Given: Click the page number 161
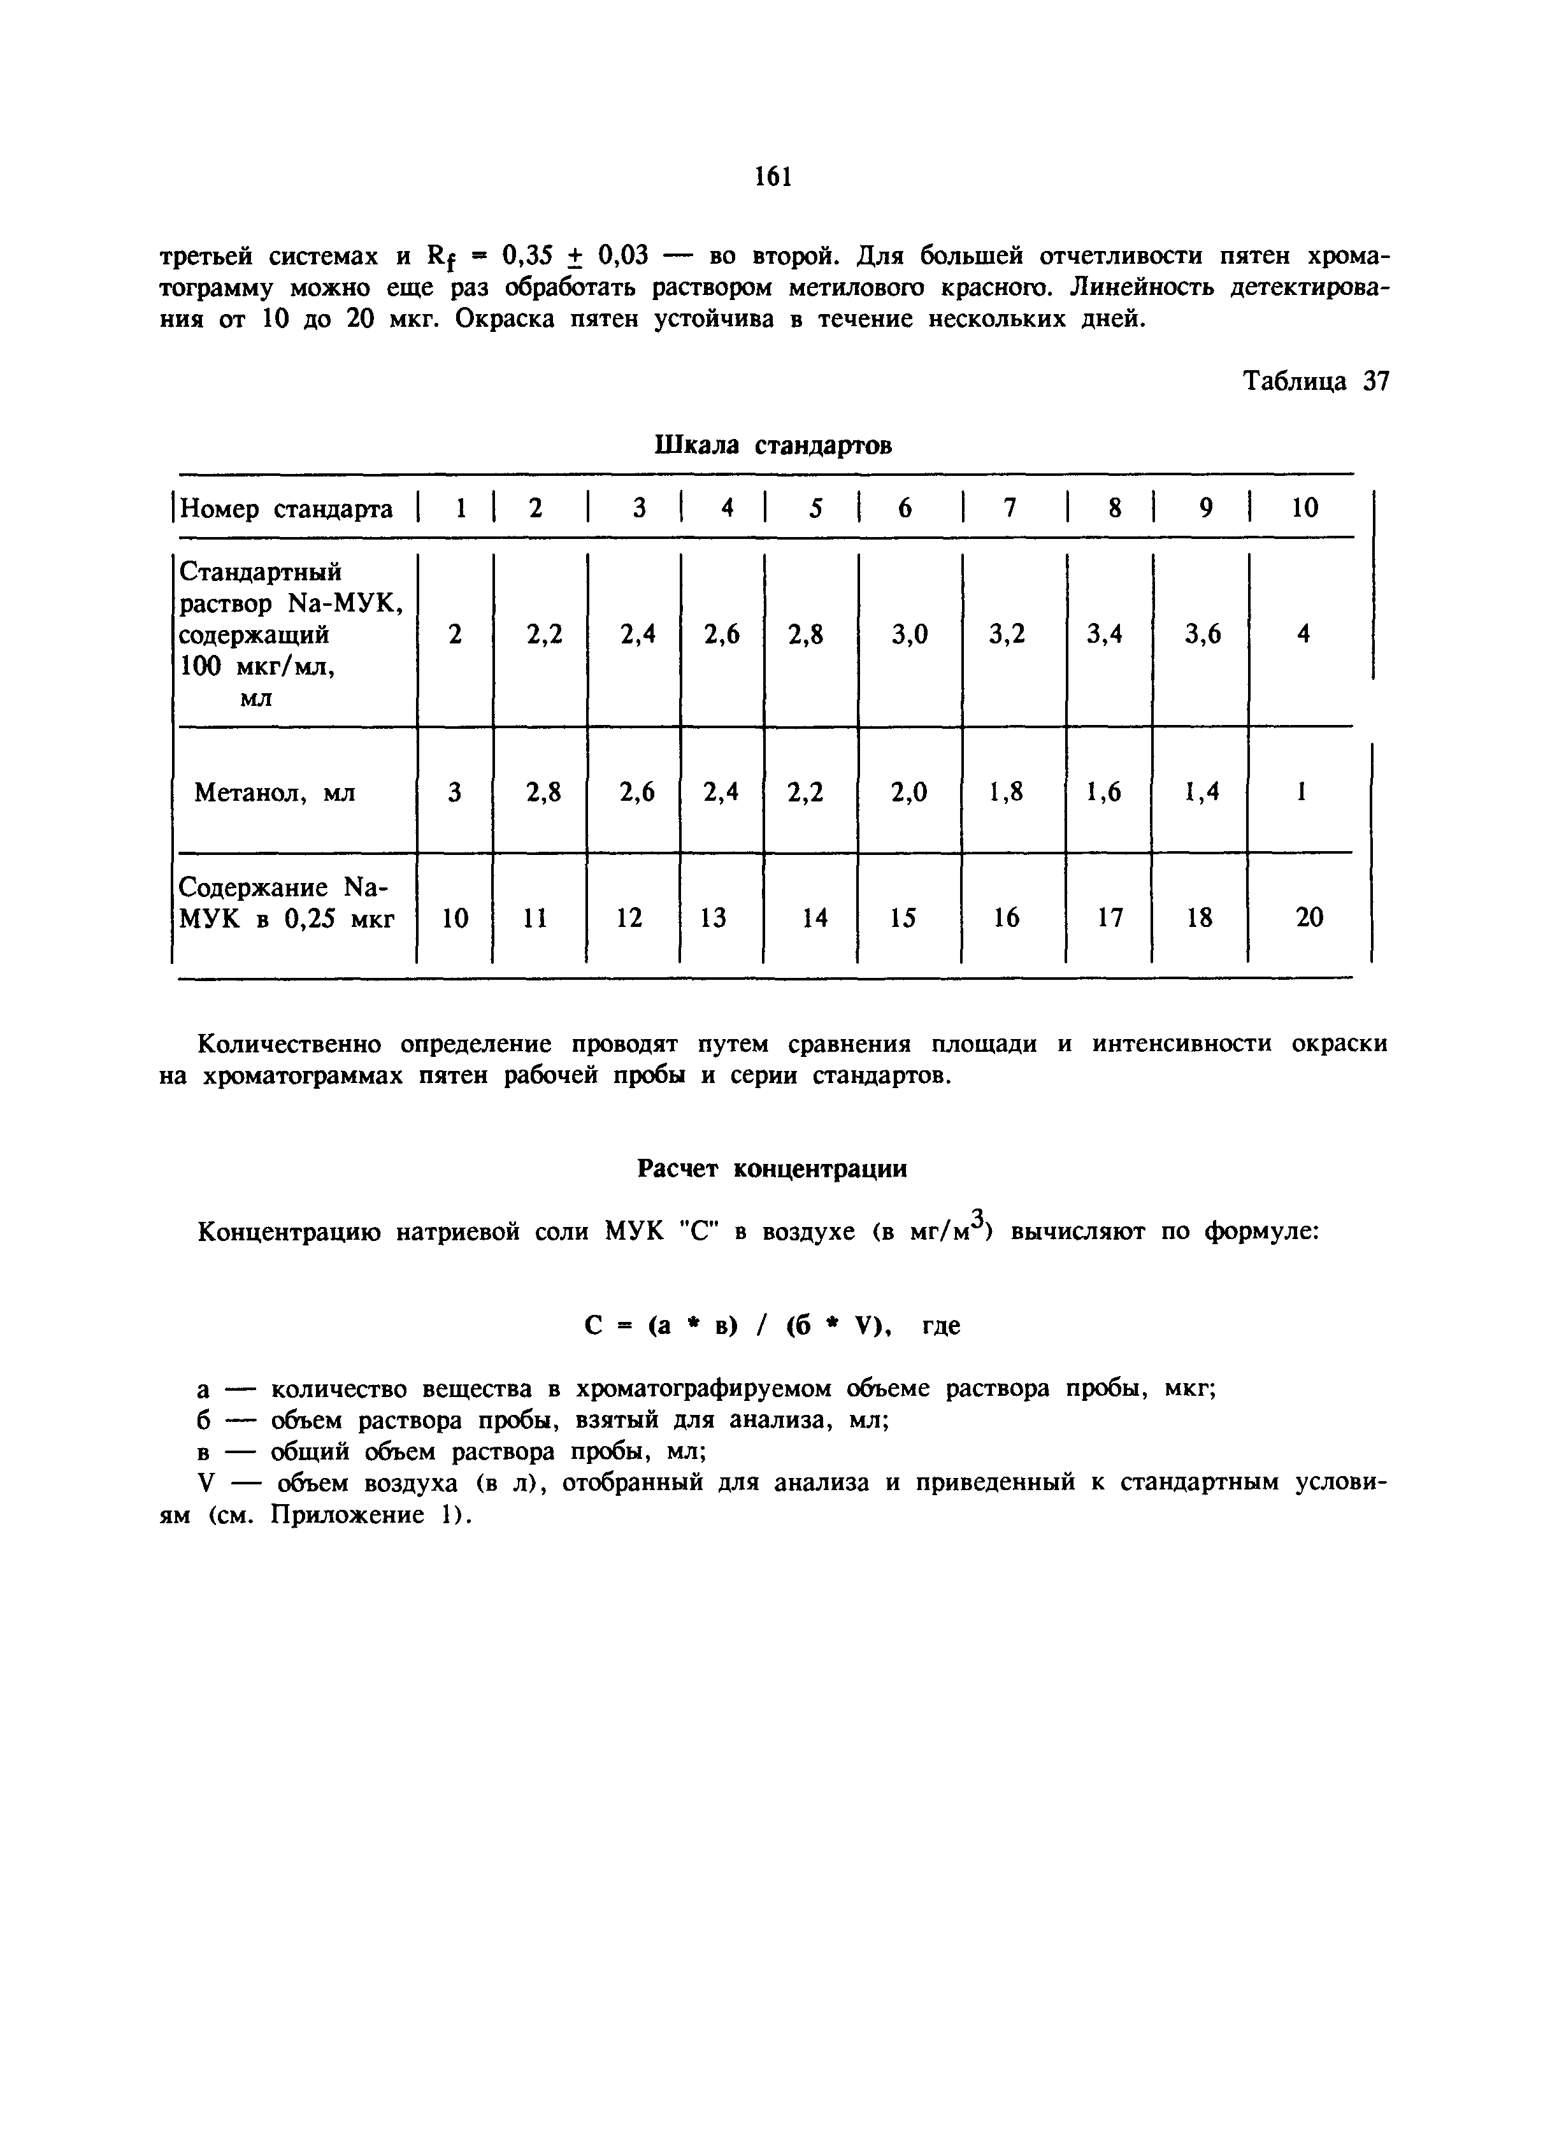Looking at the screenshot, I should [772, 177].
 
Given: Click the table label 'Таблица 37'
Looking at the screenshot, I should [1315, 381].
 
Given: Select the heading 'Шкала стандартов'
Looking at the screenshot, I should [772, 445].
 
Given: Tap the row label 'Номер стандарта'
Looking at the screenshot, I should [285, 510].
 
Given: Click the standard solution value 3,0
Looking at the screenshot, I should [909, 635].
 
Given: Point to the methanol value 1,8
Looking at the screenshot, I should [1006, 792].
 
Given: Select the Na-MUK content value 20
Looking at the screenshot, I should [1309, 917].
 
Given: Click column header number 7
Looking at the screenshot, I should [1009, 509].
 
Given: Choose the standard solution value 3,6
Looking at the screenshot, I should [1202, 635].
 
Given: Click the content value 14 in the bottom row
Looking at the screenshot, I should [815, 917].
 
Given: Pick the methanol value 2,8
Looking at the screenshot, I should [543, 792].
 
